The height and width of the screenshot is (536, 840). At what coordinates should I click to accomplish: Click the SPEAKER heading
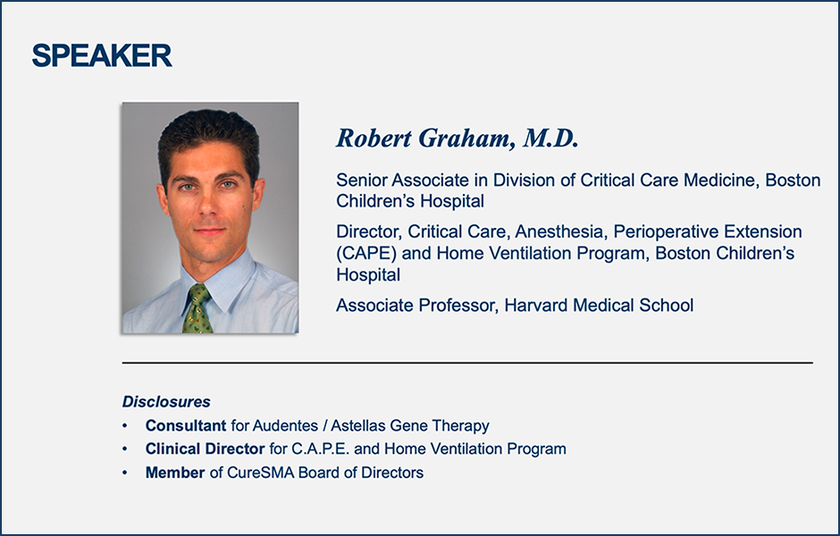[x=102, y=55]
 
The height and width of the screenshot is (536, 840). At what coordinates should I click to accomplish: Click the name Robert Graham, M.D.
[x=457, y=138]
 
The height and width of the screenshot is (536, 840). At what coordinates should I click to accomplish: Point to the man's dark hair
[x=209, y=134]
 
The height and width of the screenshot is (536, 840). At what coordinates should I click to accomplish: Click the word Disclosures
[x=166, y=402]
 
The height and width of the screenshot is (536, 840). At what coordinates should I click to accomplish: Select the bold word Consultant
[x=186, y=426]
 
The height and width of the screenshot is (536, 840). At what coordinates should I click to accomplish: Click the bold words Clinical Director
[x=206, y=448]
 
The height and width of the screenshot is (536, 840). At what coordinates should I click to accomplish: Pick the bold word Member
[x=175, y=473]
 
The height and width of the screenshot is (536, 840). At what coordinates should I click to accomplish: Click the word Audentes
[x=285, y=426]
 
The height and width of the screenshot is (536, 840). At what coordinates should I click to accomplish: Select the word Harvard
[x=536, y=306]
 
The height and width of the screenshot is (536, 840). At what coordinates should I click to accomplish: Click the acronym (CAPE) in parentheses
[x=366, y=253]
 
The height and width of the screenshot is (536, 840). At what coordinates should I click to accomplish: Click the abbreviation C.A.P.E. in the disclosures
[x=320, y=448]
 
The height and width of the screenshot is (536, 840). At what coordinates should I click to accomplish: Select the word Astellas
[x=357, y=426]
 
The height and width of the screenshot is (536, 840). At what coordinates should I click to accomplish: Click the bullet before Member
[x=125, y=473]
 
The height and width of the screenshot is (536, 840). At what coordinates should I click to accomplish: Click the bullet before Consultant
[x=125, y=426]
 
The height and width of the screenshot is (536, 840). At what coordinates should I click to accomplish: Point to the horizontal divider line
[x=467, y=363]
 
